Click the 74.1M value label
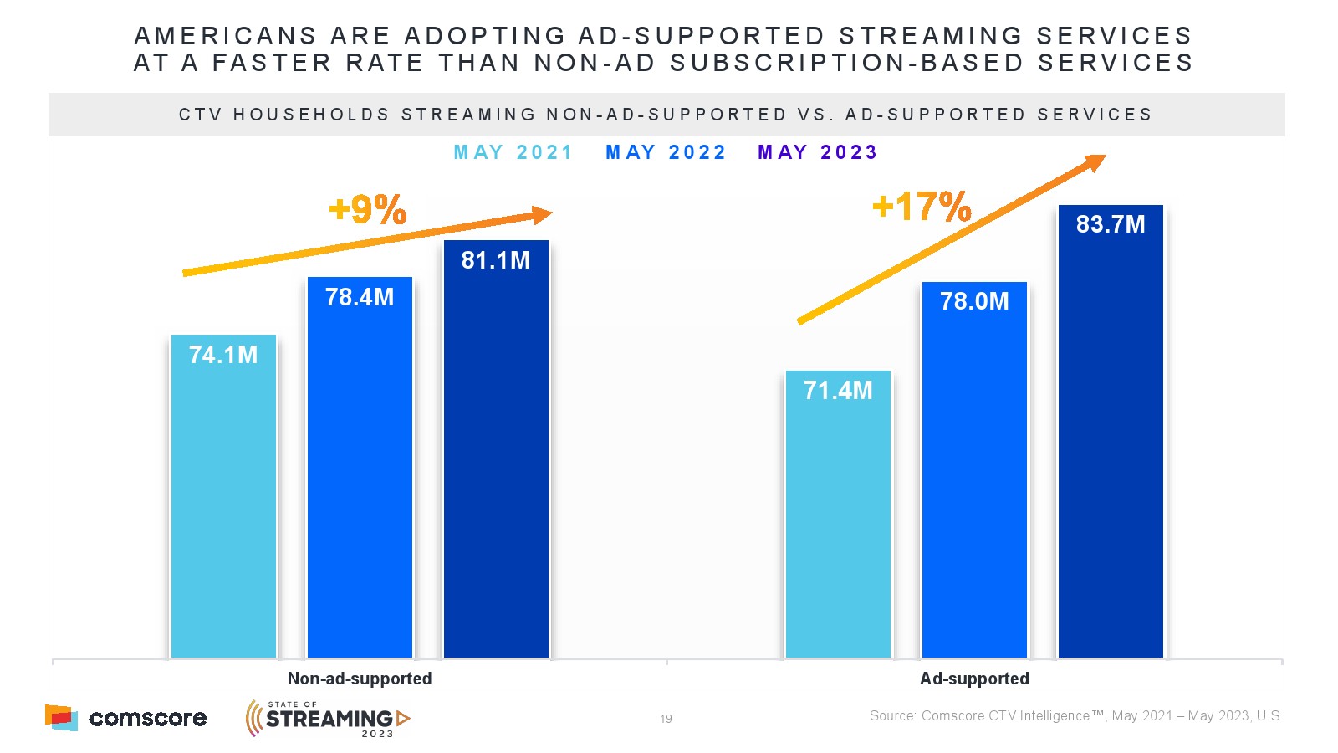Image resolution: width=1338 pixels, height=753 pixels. (223, 355)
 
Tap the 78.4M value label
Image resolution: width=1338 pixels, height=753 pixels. (360, 297)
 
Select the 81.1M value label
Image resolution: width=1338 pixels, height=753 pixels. (496, 260)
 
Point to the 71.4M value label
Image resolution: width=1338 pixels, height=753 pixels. (838, 390)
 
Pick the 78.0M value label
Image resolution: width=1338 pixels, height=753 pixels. (974, 301)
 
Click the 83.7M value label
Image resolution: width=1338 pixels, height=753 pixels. (1111, 224)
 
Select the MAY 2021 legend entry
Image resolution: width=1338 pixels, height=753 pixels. (513, 152)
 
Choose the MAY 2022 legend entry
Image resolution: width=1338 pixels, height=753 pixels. (666, 152)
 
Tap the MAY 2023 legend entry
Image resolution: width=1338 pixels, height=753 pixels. (818, 152)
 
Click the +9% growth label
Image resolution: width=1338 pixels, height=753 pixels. (368, 209)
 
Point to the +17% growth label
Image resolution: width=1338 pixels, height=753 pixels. (922, 206)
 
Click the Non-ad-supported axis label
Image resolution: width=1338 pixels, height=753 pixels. (360, 679)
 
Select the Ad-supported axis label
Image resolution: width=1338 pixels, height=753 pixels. (974, 679)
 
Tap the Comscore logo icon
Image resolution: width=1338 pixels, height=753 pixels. (61, 717)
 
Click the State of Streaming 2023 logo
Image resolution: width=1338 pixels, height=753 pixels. (328, 718)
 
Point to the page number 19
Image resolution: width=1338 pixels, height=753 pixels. (666, 719)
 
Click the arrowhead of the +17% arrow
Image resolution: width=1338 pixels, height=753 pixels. (1095, 161)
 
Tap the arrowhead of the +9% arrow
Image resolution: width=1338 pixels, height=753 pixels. (542, 215)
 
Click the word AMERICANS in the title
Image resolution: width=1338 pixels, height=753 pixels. (226, 36)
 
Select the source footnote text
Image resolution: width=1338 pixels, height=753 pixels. (1076, 716)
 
